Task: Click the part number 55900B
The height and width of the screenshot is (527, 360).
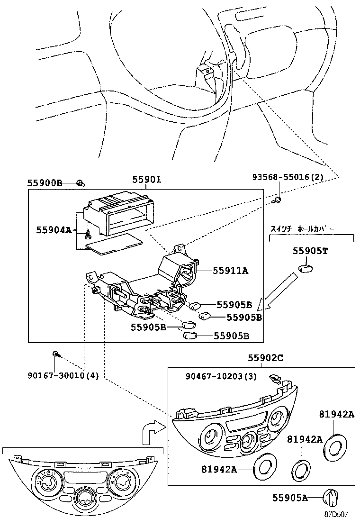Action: [45, 182]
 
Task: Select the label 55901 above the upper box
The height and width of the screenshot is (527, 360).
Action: [146, 180]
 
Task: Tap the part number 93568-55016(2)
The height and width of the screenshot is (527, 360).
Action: [294, 177]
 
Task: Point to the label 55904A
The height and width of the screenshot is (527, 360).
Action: [54, 230]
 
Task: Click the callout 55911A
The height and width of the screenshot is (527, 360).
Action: [230, 271]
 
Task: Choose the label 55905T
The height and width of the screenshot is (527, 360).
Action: [310, 251]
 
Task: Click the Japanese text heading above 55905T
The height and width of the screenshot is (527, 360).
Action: [302, 228]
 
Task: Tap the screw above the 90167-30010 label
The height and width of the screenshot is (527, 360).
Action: [55, 354]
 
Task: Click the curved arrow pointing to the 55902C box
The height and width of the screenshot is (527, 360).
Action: [153, 430]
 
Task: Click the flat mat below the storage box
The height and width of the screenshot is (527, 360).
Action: [113, 243]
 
